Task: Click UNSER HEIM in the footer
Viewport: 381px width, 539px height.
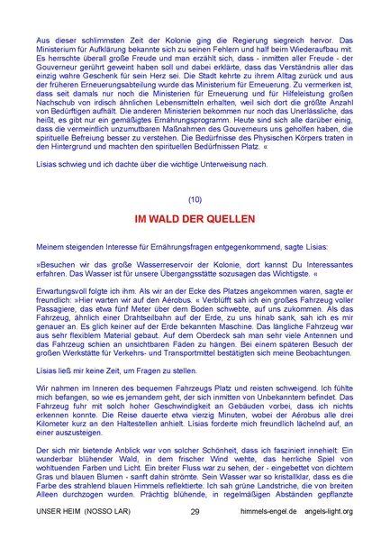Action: click(53, 512)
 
